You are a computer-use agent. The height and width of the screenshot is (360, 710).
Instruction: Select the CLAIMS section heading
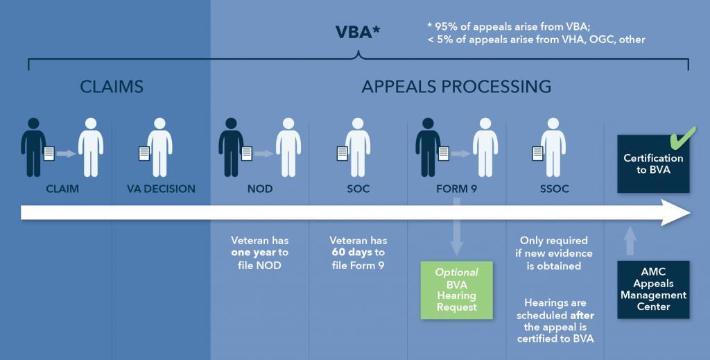(x=112, y=87)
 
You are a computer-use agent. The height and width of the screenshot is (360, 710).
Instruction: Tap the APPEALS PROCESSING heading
(x=456, y=87)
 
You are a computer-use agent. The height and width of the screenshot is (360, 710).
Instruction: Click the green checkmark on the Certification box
(x=684, y=137)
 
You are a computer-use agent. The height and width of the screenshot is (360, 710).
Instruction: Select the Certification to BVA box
(x=653, y=164)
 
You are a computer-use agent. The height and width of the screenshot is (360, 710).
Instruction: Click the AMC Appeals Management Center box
(x=653, y=290)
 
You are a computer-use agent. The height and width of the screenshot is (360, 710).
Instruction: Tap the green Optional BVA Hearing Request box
(x=456, y=289)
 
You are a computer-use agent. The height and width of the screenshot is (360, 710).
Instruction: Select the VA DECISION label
(x=161, y=189)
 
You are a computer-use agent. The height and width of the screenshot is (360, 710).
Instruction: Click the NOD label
(x=259, y=189)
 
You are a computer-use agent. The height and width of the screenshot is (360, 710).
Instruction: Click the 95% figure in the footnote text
(x=446, y=26)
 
